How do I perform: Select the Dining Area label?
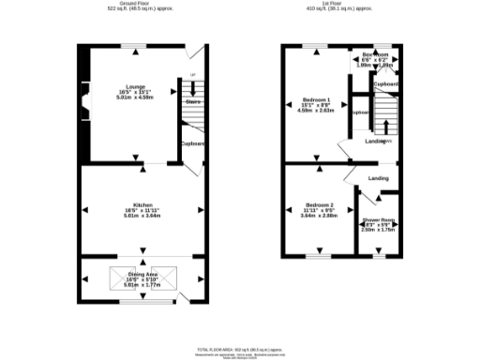pyautogui.click(x=142, y=274)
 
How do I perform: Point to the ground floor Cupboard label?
pyautogui.click(x=193, y=143)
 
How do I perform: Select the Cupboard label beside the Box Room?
pyautogui.click(x=386, y=84)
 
